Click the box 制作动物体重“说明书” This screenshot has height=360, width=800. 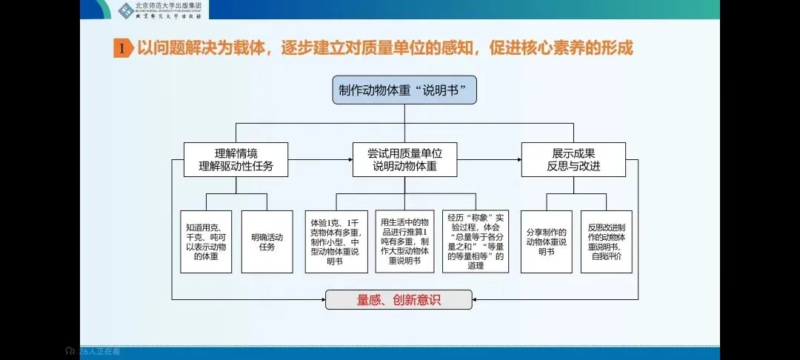coord(404,90)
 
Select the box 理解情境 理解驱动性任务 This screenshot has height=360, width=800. coord(236,159)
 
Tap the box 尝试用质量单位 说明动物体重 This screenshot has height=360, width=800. coord(404,159)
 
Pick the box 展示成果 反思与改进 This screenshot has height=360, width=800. coord(573,159)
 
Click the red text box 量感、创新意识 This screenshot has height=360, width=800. coord(399,299)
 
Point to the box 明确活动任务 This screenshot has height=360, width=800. coord(267,241)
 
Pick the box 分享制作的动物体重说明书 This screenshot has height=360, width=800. coord(546,241)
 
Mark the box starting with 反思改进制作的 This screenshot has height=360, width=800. coord(606,241)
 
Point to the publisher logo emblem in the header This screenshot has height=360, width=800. coord(126,10)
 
